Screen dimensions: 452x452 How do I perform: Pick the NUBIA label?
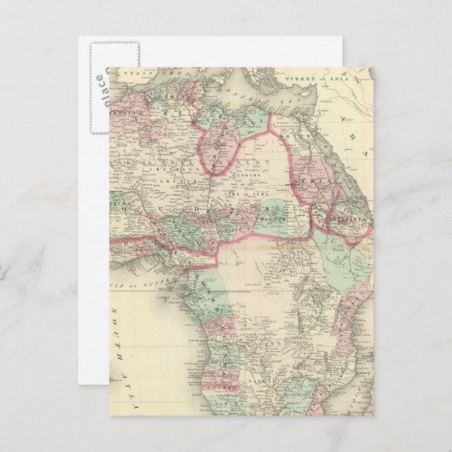coord(304,182)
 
